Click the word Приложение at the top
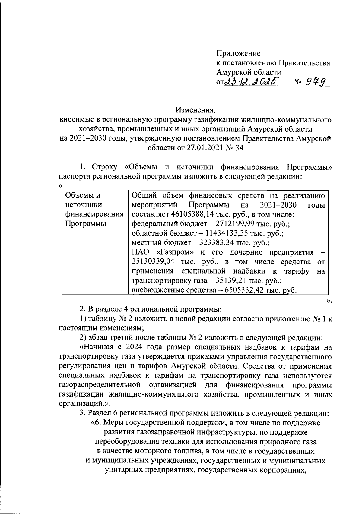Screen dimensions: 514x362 [238, 53]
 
